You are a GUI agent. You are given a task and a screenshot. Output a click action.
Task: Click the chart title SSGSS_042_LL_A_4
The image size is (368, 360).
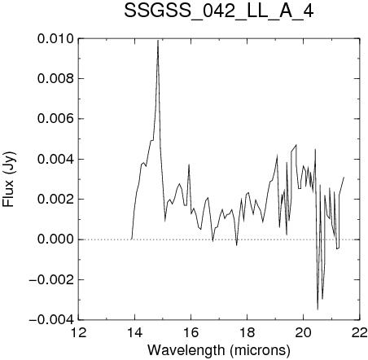click(219, 11)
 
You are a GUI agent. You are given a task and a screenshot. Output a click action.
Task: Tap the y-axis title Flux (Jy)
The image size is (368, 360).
click(9, 179)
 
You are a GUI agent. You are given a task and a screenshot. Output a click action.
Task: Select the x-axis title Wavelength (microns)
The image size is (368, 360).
click(219, 350)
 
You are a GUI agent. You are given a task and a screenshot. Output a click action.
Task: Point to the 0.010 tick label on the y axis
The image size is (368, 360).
click(55, 39)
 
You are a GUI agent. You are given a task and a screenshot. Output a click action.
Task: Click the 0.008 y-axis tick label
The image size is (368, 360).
click(55, 79)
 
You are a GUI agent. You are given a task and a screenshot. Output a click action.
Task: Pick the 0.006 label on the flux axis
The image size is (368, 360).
click(55, 119)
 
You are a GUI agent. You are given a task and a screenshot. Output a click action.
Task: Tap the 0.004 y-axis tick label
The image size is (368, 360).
click(55, 159)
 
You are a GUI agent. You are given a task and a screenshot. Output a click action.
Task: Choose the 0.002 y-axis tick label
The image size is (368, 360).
click(55, 200)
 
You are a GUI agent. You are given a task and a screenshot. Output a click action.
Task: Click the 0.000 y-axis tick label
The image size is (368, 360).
click(55, 239)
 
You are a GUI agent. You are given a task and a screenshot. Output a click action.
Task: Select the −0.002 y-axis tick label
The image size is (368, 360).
click(51, 279)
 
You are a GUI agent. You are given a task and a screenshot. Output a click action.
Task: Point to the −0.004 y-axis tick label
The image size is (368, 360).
click(51, 320)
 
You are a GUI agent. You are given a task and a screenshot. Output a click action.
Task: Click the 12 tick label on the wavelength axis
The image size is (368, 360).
click(78, 332)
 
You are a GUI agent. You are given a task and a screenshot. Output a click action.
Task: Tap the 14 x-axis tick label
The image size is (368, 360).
click(134, 332)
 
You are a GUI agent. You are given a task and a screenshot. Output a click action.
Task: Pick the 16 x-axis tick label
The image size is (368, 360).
click(191, 332)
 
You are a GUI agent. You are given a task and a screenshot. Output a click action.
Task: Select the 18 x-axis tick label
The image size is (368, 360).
click(247, 332)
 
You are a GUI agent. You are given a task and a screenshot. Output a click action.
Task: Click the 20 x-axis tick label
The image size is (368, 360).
click(303, 332)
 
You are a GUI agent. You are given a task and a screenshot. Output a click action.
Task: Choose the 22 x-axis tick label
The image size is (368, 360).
click(360, 332)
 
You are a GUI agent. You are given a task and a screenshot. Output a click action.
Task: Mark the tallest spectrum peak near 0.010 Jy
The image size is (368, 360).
click(158, 41)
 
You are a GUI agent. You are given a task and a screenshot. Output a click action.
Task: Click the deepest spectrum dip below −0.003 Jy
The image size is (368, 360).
click(318, 310)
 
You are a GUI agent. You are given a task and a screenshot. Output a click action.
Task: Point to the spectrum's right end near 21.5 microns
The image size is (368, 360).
click(344, 178)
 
